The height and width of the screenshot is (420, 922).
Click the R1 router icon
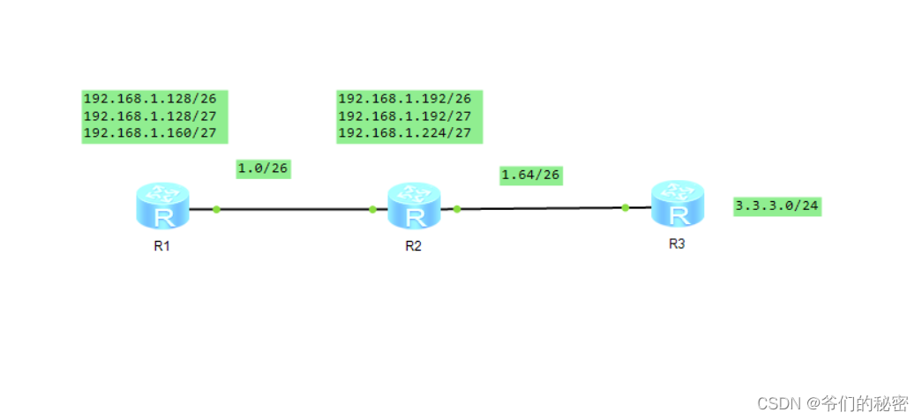pos(162,206)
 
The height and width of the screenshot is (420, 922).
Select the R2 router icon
pos(414,206)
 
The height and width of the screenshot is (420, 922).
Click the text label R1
pos(161,246)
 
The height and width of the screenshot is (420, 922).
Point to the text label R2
pos(413,246)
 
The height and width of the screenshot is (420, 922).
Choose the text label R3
pos(677,244)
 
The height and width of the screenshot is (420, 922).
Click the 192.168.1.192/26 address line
pos(404,99)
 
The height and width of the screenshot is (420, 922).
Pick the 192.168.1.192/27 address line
pos(404,116)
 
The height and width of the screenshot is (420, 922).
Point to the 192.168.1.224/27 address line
pos(404,133)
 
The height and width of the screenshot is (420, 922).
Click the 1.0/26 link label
pos(263,169)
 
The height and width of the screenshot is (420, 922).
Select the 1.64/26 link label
pos(530,175)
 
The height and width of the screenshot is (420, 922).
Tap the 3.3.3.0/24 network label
pos(777,206)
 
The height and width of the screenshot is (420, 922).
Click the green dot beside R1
pos(216,209)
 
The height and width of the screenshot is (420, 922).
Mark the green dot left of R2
pos(372,209)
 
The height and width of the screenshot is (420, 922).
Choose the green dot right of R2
pos(457,209)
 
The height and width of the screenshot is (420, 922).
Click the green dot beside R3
pos(625,207)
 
